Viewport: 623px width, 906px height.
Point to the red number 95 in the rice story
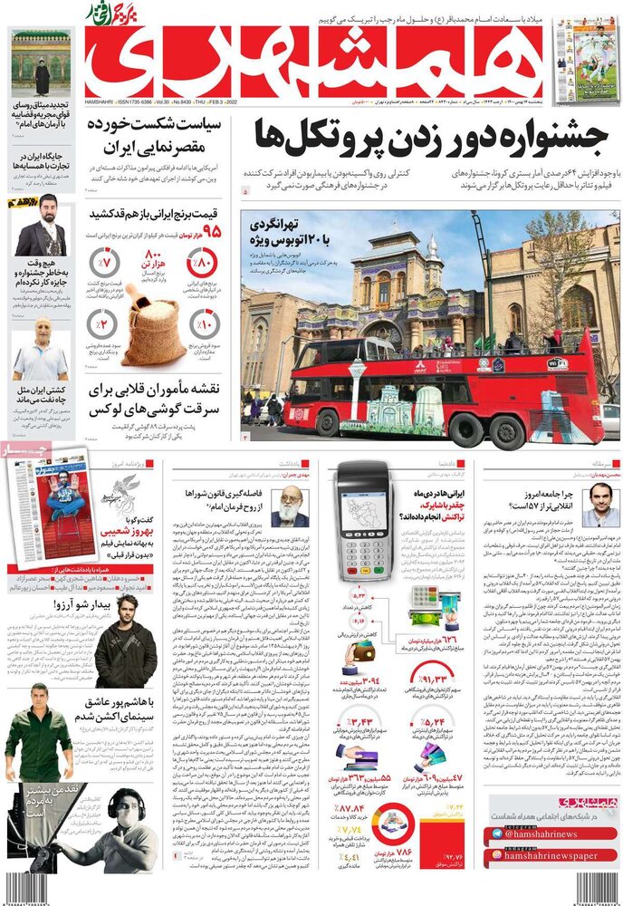click(212, 233)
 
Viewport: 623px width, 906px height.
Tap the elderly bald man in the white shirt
click(41, 349)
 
